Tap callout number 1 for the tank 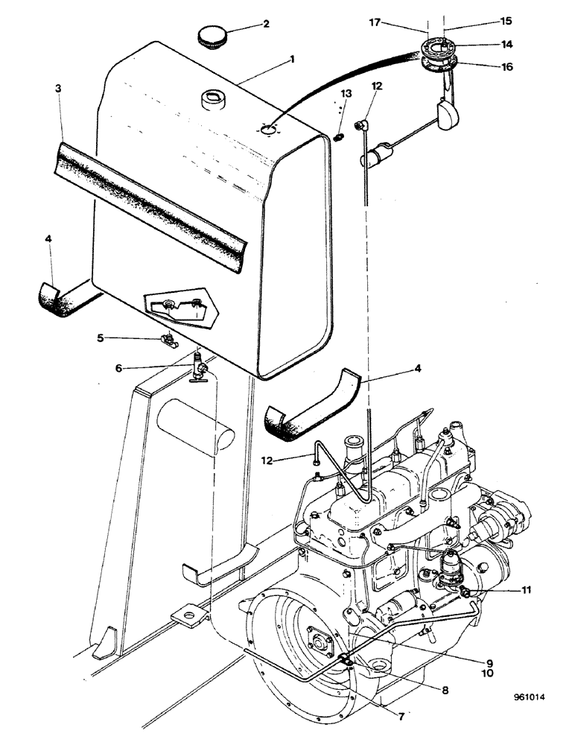(292, 57)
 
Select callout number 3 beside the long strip (58, 88)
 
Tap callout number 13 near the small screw (345, 93)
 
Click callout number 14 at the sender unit (507, 44)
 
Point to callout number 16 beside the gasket (507, 67)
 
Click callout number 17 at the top (377, 22)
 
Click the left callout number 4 (49, 238)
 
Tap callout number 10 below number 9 (489, 673)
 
